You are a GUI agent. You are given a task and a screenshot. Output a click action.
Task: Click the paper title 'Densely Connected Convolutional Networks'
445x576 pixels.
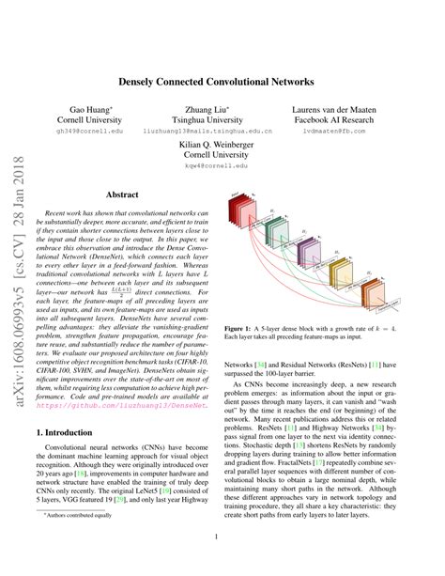point(222,81)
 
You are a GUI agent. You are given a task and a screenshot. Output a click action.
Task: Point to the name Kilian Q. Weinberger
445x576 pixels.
point(222,147)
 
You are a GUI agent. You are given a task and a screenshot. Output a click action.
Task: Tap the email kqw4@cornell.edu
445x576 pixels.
point(222,169)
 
